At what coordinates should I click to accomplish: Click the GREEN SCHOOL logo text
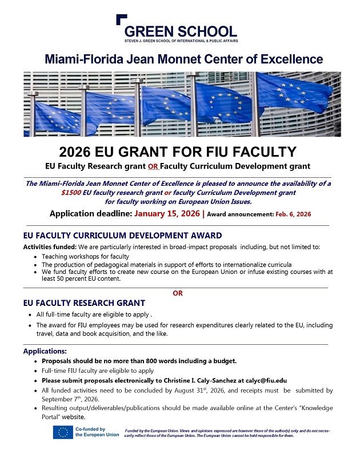[x=180, y=31]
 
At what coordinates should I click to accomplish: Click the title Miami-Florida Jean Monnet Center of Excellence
[x=183, y=59]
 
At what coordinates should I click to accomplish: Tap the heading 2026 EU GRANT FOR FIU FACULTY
[x=178, y=152]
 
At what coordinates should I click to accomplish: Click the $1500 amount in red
[x=71, y=193]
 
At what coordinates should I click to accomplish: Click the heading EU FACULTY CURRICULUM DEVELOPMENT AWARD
[x=122, y=236]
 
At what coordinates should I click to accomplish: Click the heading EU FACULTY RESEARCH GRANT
[x=84, y=303]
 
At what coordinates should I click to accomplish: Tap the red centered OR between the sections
[x=178, y=293]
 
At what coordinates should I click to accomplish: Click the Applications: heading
[x=45, y=351]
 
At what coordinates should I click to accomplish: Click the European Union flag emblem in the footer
[x=62, y=432]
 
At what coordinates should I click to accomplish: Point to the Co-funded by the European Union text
[x=97, y=432]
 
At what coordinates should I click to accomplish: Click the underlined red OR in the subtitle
[x=153, y=167]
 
